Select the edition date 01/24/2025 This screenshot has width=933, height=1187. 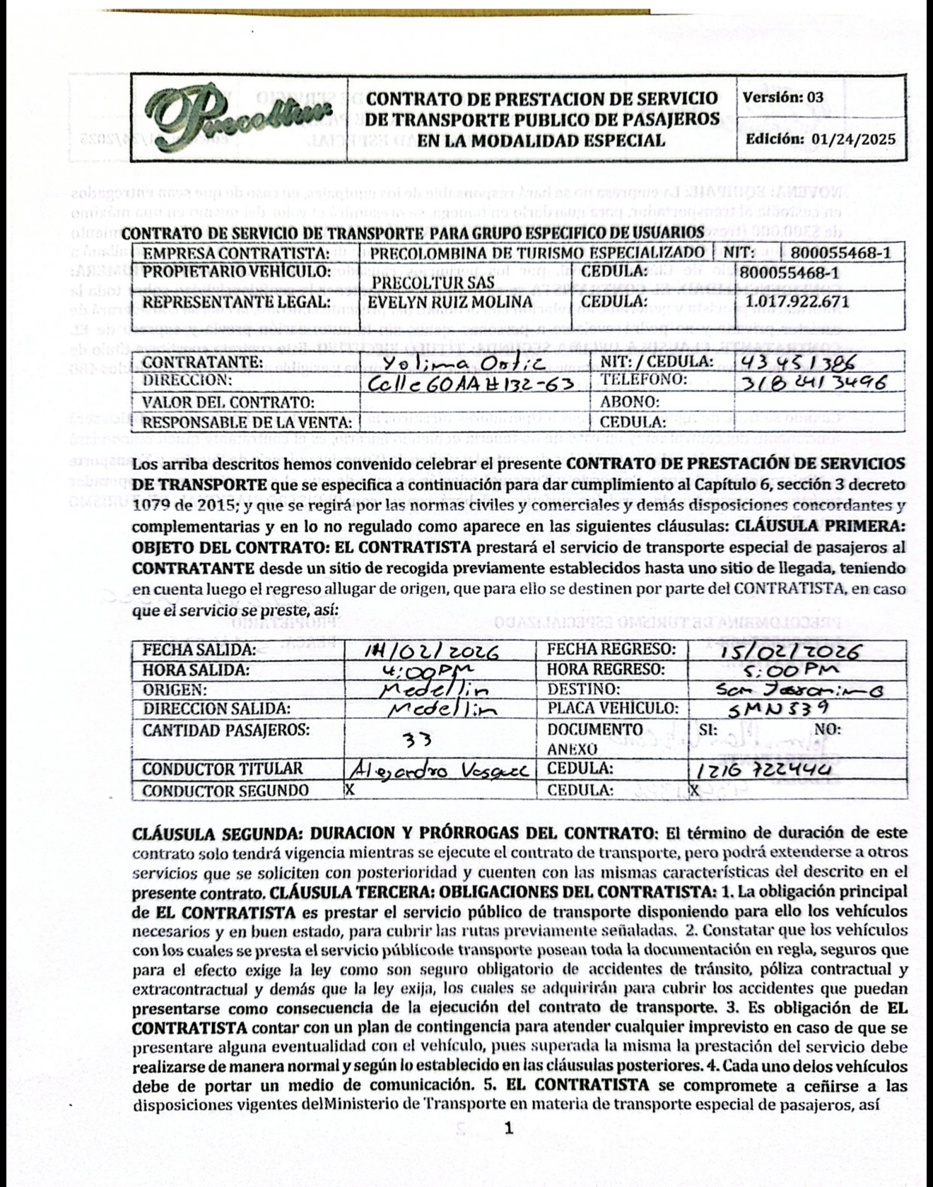[x=855, y=138]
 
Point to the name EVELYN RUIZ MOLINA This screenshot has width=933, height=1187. [x=452, y=301]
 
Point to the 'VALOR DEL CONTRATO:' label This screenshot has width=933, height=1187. [x=228, y=403]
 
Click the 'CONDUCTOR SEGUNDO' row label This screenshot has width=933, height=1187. [x=225, y=790]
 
